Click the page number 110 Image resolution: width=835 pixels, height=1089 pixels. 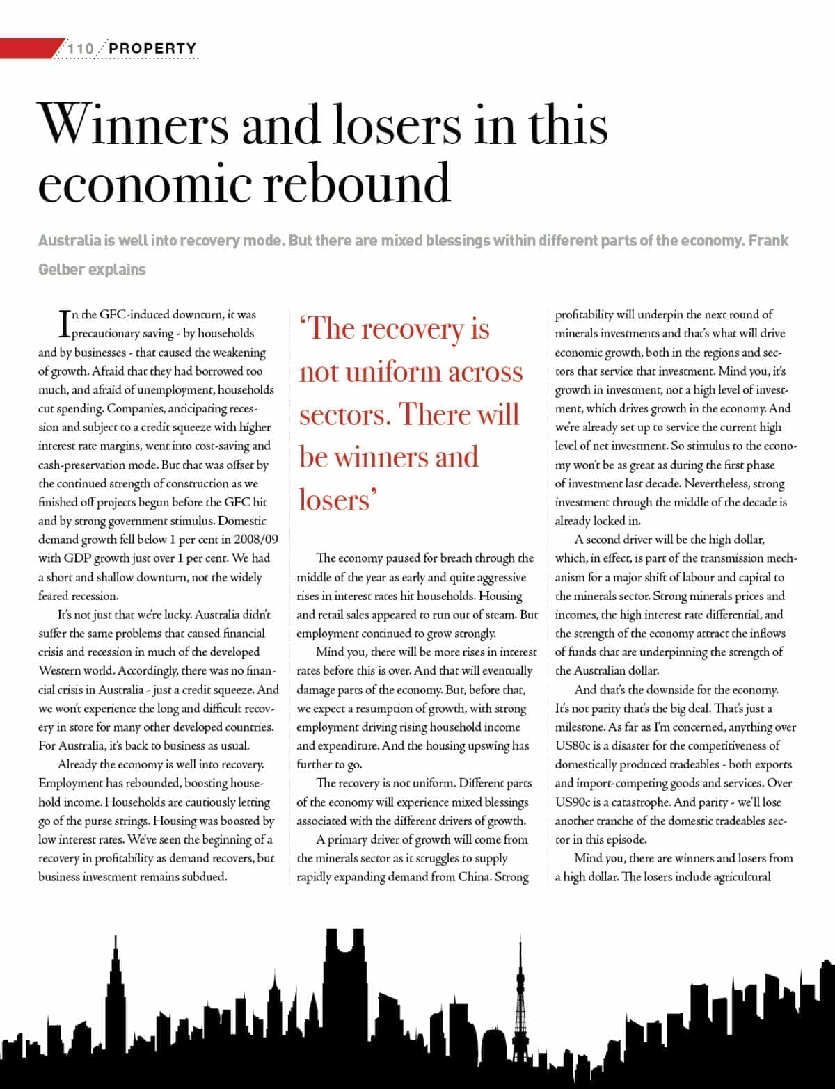[x=81, y=49]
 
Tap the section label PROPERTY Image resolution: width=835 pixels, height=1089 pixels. [x=153, y=49]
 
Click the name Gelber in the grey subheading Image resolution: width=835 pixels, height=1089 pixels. [x=61, y=270]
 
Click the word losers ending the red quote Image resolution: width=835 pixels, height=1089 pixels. [x=335, y=500]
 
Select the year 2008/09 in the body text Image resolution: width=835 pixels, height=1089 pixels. [x=255, y=540]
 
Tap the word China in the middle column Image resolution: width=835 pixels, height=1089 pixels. [x=474, y=877]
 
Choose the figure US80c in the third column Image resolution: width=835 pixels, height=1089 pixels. [x=573, y=746]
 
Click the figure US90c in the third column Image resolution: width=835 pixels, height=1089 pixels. [x=573, y=802]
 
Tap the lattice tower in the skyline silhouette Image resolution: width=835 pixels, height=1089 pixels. [x=519, y=1001]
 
